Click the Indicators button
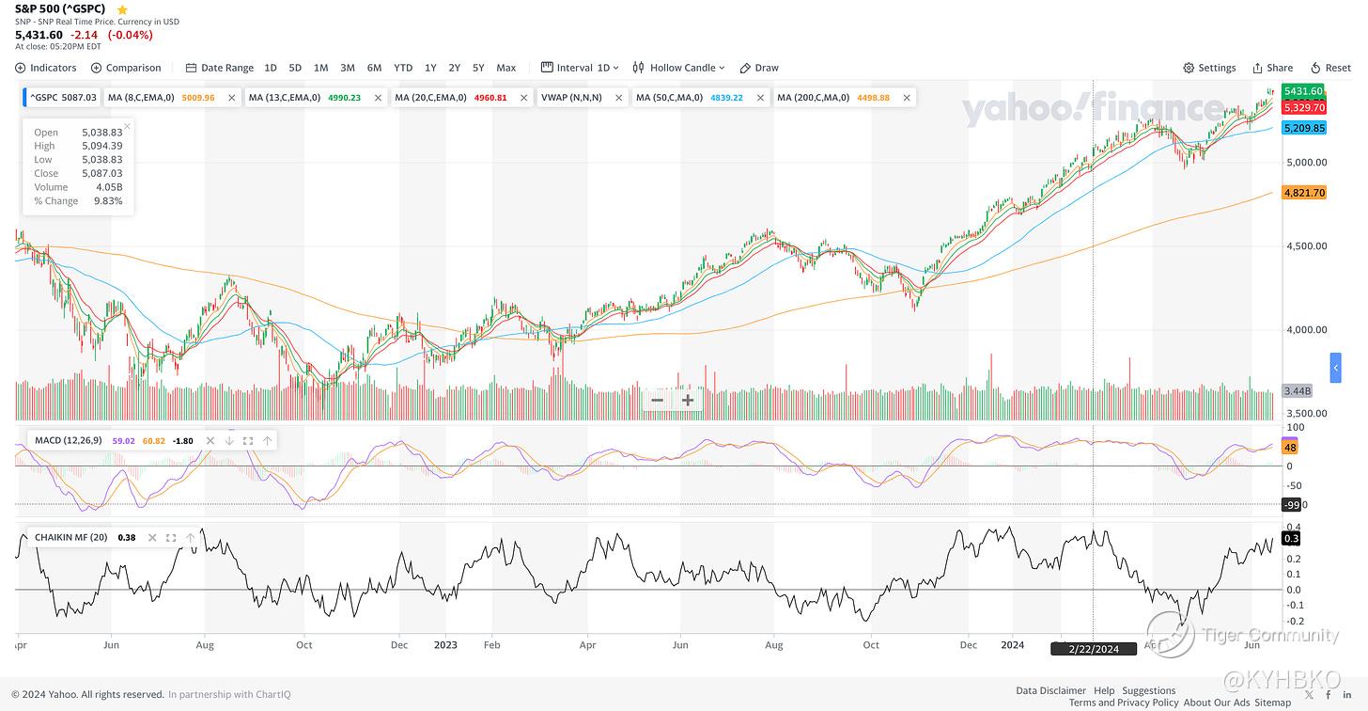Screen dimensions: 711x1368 (x=46, y=68)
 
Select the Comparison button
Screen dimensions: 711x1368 (x=126, y=68)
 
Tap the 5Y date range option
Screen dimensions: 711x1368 (x=478, y=68)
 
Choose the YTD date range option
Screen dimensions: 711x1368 (x=403, y=68)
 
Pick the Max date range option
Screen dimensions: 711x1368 (x=505, y=68)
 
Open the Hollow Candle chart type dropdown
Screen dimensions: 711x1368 (x=679, y=68)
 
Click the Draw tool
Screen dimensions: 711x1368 (x=759, y=68)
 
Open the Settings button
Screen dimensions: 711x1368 (x=1209, y=68)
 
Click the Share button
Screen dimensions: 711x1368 (x=1272, y=68)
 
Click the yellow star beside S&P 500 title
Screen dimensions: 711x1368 (x=121, y=9)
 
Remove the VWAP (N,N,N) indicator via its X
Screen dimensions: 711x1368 (x=619, y=98)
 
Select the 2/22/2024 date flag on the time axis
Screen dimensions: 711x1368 (x=1094, y=648)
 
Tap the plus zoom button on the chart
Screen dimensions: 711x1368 (x=688, y=400)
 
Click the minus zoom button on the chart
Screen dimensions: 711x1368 (x=658, y=400)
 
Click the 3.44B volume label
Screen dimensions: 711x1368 (x=1297, y=390)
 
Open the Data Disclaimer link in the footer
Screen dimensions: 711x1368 (x=1050, y=690)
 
